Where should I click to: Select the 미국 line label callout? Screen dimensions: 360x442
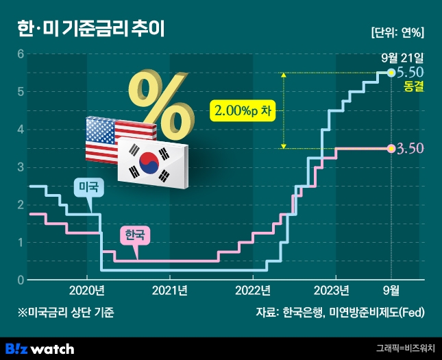pyautogui.click(x=88, y=187)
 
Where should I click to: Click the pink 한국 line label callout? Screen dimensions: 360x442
pyautogui.click(x=134, y=235)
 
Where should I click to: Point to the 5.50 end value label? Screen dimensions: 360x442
pyautogui.click(x=410, y=72)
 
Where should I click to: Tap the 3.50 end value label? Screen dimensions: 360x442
pyautogui.click(x=410, y=148)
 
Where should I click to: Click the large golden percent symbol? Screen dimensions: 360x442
pyautogui.click(x=160, y=97)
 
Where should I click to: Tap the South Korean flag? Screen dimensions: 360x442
pyautogui.click(x=152, y=161)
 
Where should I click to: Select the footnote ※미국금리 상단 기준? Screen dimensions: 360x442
pyautogui.click(x=66, y=313)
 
